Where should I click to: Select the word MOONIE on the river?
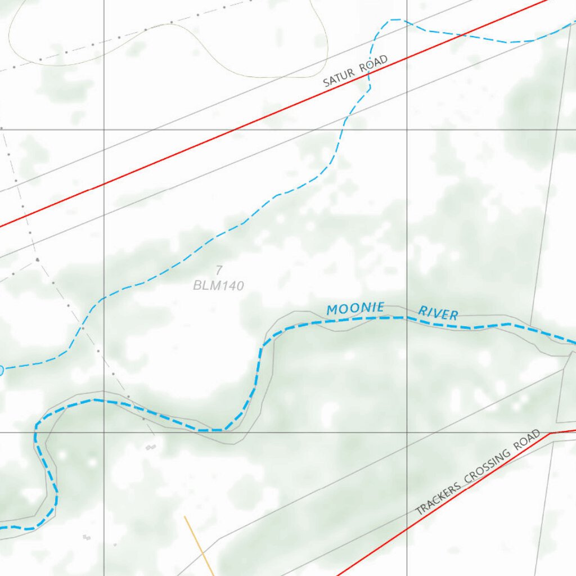(355, 308)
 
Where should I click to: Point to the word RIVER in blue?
(438, 313)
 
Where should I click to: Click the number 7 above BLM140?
(219, 271)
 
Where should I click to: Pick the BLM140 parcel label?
(219, 286)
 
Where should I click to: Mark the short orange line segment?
(199, 546)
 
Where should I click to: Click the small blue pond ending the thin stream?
(1, 370)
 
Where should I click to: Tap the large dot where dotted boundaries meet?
(37, 260)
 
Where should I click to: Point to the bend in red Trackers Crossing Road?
(551, 433)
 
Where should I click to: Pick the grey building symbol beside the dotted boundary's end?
(150, 447)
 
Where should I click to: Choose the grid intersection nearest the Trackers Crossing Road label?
(407, 433)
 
